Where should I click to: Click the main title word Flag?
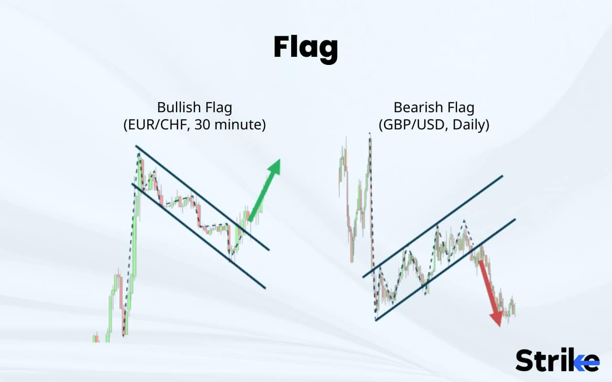pyautogui.click(x=306, y=48)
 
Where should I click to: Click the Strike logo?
pyautogui.click(x=557, y=360)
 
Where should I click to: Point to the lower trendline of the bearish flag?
pyautogui.click(x=445, y=270)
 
